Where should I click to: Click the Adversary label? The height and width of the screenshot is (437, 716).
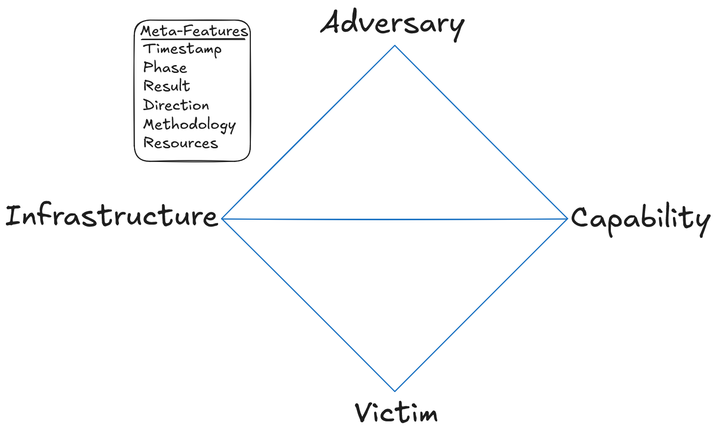(392, 23)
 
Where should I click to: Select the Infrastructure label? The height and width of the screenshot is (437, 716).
(112, 216)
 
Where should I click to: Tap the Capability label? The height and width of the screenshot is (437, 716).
(640, 219)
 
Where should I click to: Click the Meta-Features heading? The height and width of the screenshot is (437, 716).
(194, 31)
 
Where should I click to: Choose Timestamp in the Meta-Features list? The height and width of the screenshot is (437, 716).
(182, 49)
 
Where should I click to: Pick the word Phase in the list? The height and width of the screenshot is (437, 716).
(165, 68)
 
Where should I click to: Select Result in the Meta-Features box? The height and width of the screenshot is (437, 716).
(166, 86)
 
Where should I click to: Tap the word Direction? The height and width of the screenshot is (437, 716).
(176, 105)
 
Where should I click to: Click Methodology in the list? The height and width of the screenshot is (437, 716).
(189, 125)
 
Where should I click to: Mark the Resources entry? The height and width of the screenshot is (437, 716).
(180, 143)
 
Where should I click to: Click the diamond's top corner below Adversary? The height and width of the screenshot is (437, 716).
(395, 46)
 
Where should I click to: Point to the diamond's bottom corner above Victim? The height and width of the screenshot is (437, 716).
(395, 391)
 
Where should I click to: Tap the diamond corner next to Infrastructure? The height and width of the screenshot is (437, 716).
(223, 218)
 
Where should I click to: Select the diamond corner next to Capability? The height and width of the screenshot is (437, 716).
(567, 219)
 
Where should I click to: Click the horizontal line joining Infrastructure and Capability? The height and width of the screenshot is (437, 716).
(395, 219)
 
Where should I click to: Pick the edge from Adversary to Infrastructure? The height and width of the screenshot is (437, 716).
(309, 132)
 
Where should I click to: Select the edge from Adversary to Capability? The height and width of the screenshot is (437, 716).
(481, 132)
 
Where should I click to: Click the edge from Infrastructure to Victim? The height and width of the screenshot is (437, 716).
(309, 305)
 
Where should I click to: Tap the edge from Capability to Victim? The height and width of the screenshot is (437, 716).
(481, 305)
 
